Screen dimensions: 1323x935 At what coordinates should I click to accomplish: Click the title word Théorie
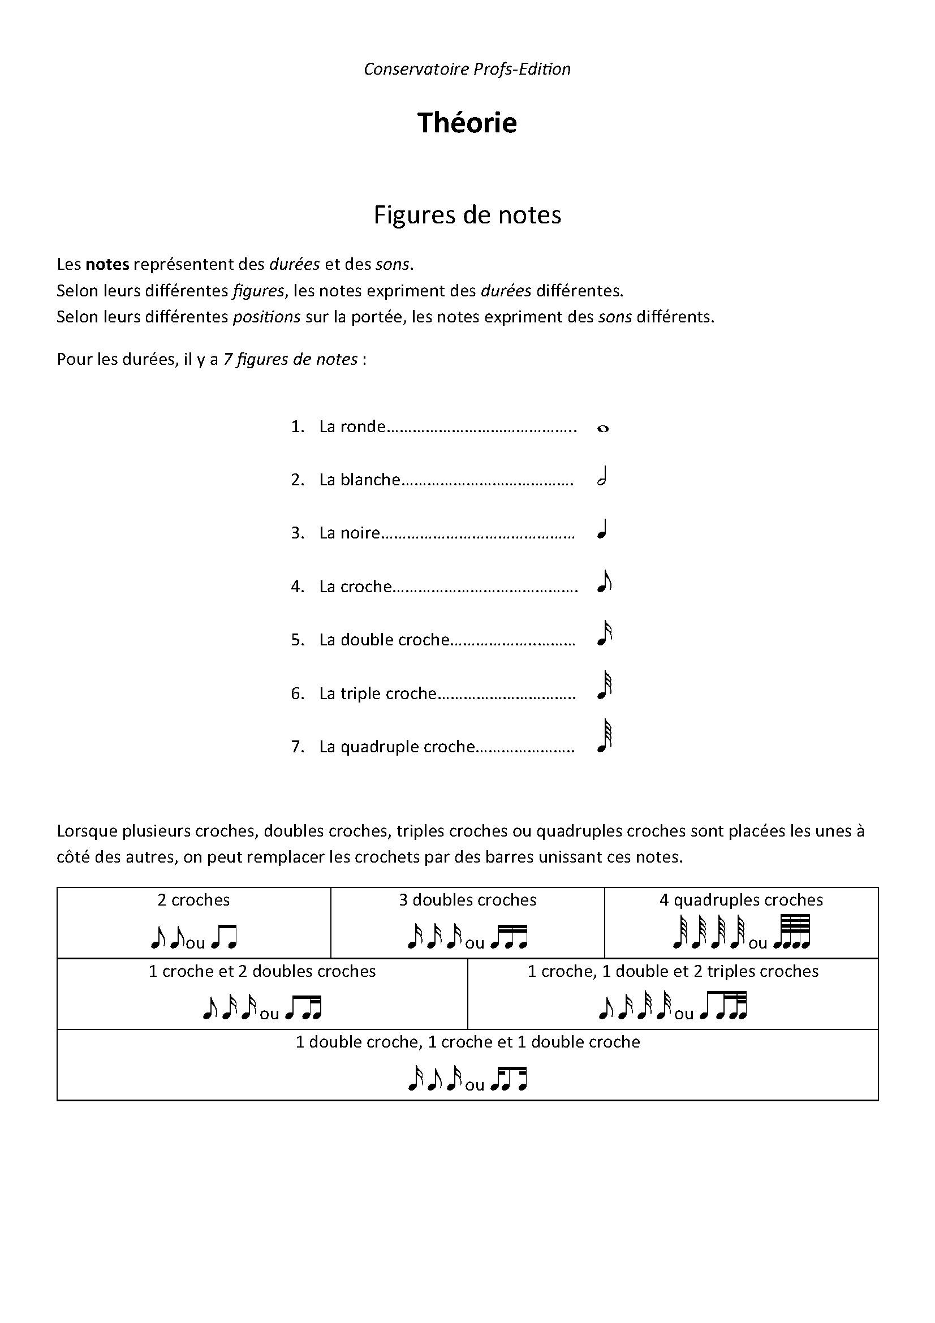click(467, 123)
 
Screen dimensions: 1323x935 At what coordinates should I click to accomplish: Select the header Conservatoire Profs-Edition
click(467, 69)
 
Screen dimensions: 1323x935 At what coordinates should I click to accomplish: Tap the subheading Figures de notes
click(467, 215)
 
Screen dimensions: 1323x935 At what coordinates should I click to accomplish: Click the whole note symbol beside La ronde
click(602, 428)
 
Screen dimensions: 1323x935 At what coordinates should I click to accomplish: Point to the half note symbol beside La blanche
click(602, 478)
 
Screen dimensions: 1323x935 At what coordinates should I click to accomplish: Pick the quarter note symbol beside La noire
click(602, 529)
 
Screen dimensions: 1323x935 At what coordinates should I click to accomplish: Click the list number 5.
click(297, 640)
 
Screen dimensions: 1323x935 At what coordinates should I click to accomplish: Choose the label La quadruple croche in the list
click(397, 747)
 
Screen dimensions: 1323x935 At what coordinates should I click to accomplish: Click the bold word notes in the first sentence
click(107, 265)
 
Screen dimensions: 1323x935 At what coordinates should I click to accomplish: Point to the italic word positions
click(266, 317)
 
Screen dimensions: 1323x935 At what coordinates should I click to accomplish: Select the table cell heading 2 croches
click(193, 900)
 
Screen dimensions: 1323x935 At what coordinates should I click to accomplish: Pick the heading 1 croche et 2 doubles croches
click(262, 972)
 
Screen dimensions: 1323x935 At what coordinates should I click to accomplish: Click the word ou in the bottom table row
click(475, 1085)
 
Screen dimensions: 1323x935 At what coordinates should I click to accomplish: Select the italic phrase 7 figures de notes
click(290, 360)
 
